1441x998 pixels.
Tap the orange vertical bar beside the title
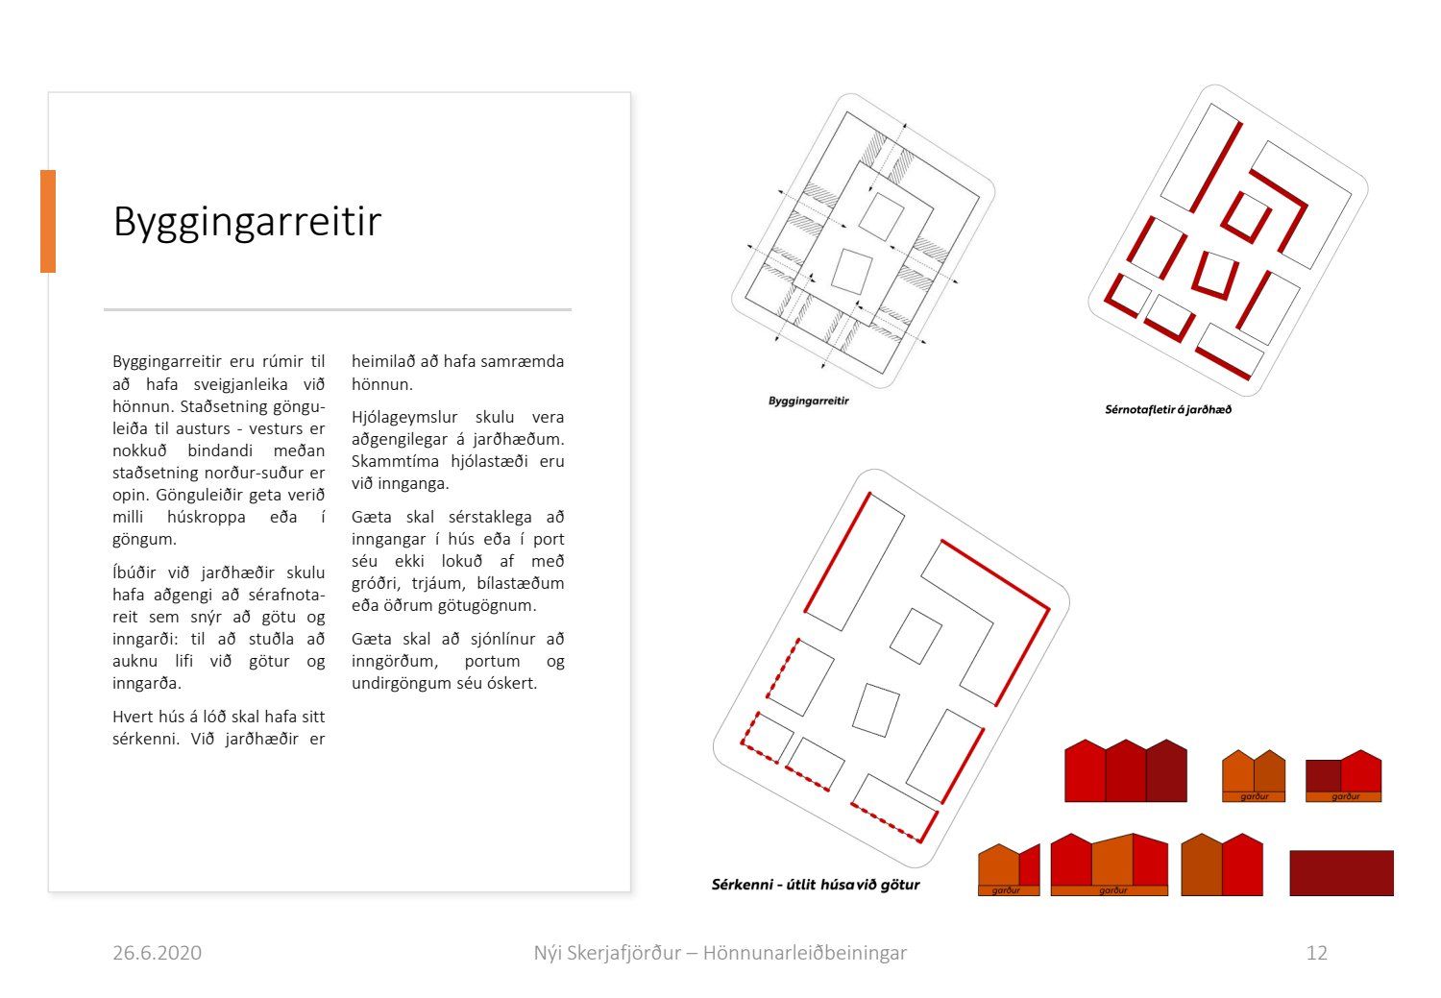coord(48,221)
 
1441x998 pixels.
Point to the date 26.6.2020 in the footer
coord(157,952)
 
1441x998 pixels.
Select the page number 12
coord(1317,952)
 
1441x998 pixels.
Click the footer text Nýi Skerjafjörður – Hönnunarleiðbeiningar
coord(720,952)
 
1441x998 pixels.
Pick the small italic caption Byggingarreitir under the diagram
coord(809,401)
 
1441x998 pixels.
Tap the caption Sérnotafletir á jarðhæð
coord(1168,409)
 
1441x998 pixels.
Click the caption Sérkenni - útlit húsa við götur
coord(816,885)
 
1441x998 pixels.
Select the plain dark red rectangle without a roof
coord(1341,872)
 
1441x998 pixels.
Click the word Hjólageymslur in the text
coord(404,417)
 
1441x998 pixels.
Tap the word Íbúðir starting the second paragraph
coord(134,572)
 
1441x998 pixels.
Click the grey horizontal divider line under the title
coord(338,309)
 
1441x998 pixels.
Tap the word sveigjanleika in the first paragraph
coord(240,384)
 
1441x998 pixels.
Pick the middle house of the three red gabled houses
coord(1126,771)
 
